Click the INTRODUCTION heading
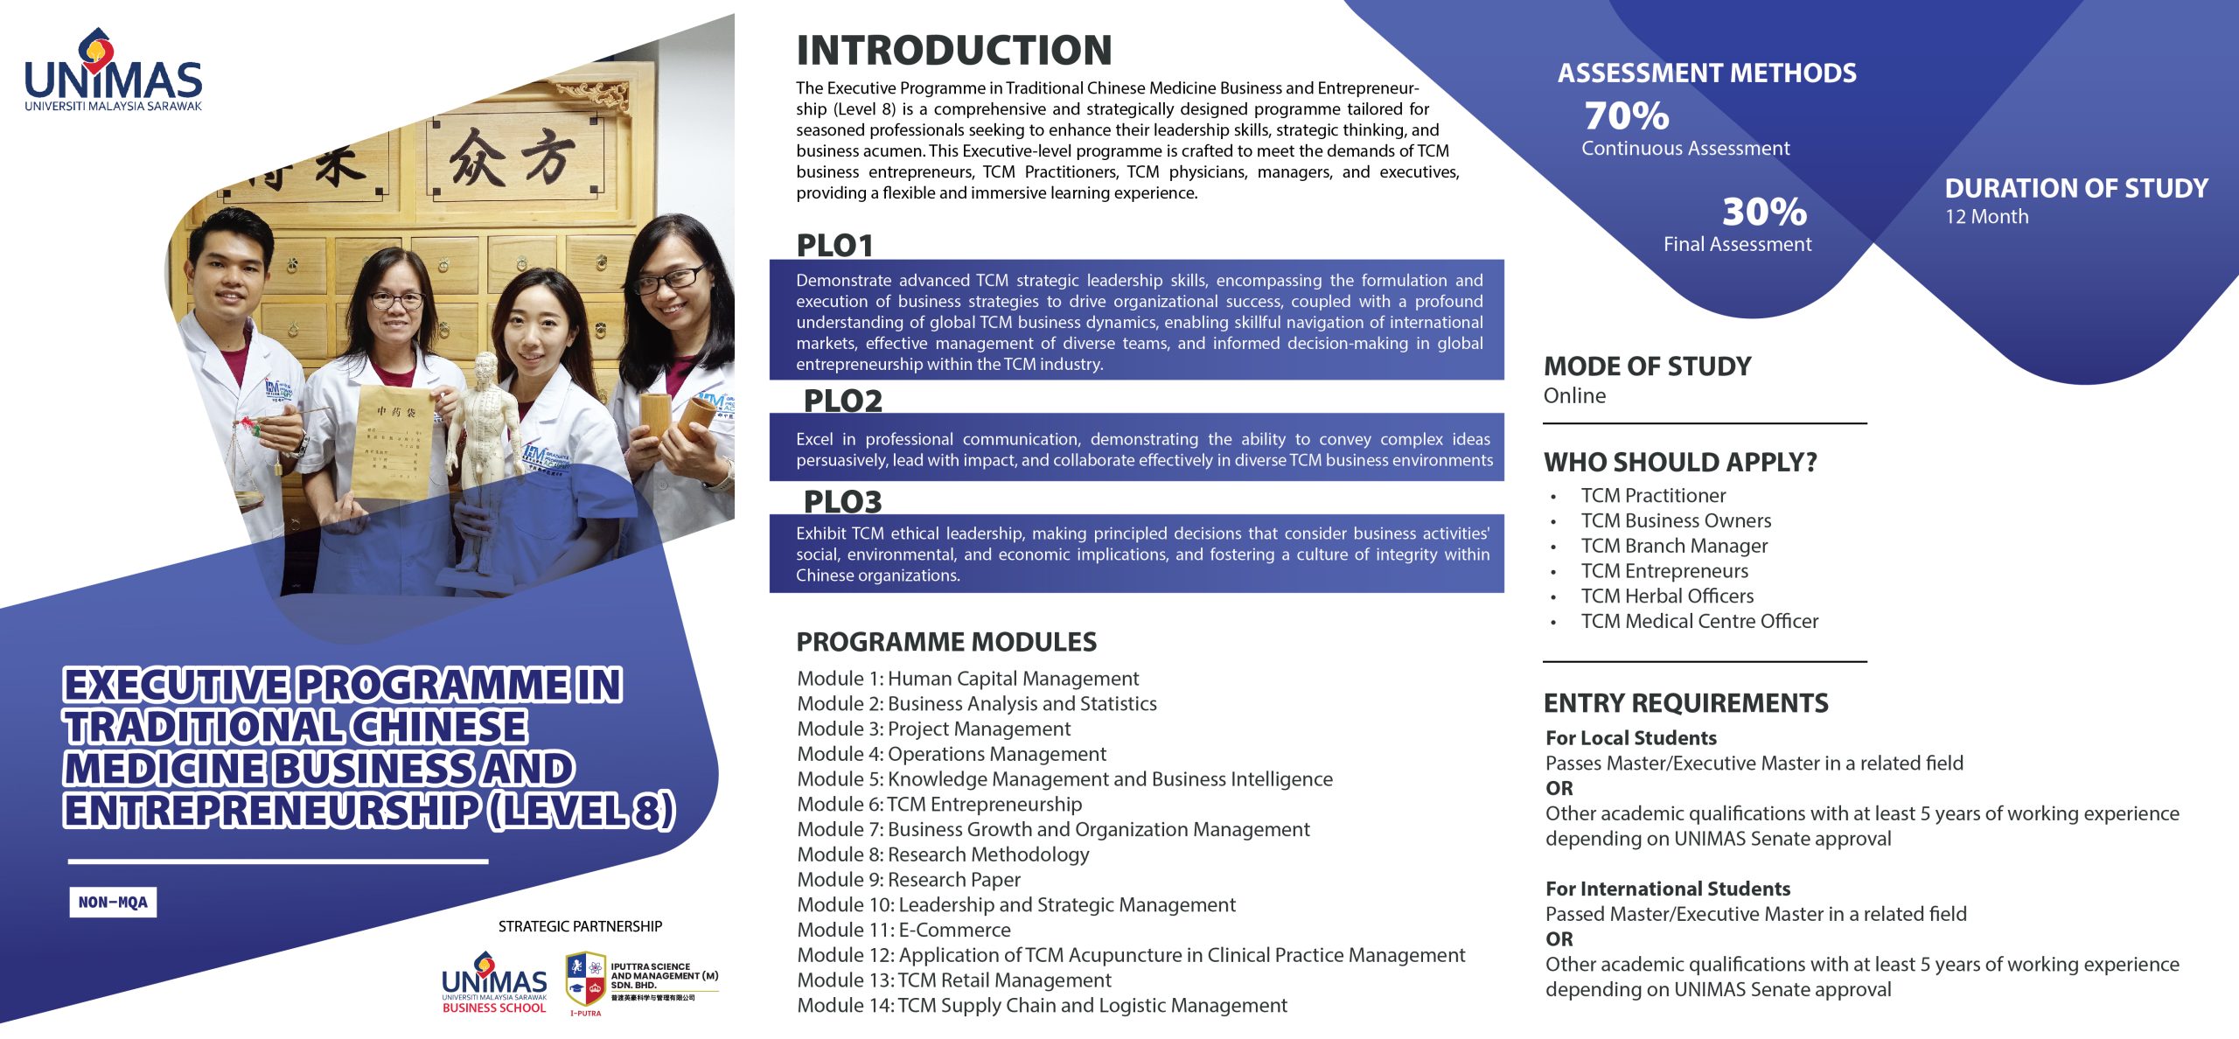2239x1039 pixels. [x=953, y=51]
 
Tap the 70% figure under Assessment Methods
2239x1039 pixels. [x=1626, y=116]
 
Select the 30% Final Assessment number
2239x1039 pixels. [x=1764, y=212]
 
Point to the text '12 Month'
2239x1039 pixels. [x=1986, y=217]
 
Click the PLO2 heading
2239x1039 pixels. [x=842, y=401]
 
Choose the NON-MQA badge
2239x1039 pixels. [x=113, y=902]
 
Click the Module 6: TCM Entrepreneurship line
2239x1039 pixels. [x=939, y=805]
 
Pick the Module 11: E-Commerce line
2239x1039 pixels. [x=903, y=931]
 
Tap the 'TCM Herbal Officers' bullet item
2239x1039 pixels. [x=1667, y=596]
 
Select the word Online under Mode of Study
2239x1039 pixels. [x=1574, y=396]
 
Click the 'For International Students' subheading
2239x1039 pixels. [x=1667, y=889]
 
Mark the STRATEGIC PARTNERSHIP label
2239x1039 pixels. [x=580, y=926]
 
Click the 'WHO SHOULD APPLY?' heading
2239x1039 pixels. [x=1680, y=462]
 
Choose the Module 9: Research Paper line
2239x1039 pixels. [x=909, y=880]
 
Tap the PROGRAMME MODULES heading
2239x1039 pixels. [x=945, y=642]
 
